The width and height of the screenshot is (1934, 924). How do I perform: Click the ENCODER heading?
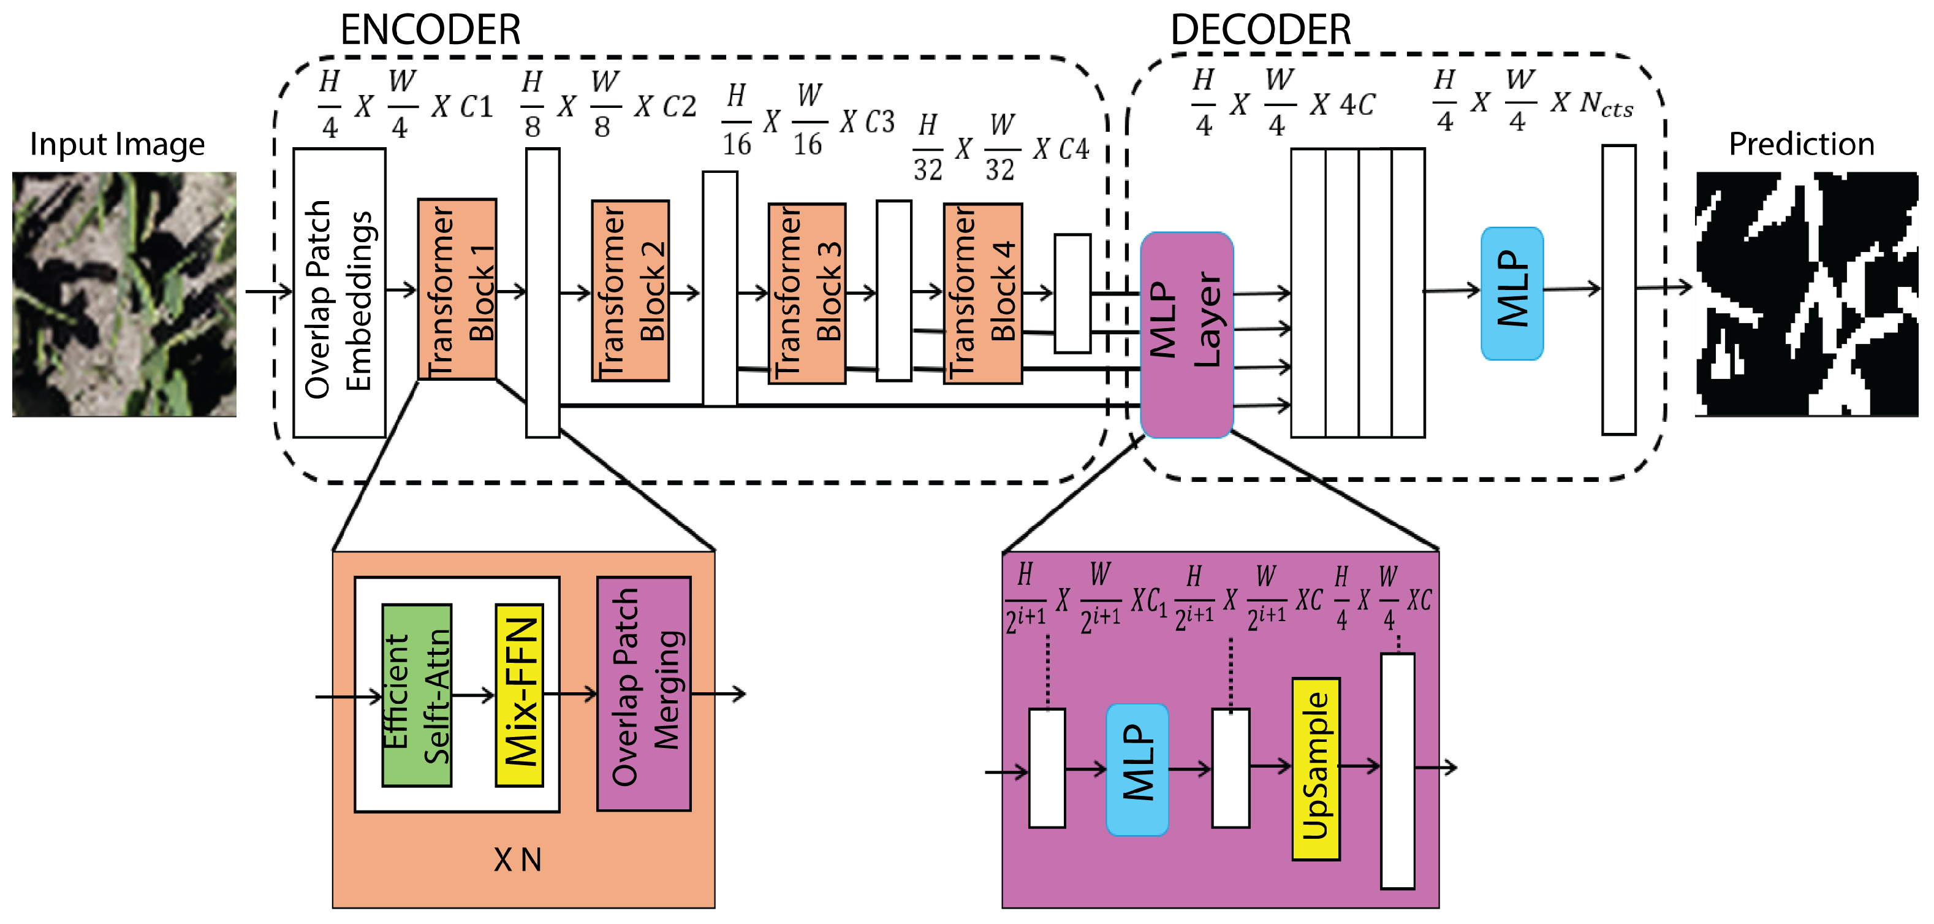(x=430, y=30)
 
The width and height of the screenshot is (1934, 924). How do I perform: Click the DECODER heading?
(x=1261, y=30)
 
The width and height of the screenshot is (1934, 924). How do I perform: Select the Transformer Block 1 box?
(x=457, y=289)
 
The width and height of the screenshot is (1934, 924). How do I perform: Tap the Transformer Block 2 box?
(x=630, y=291)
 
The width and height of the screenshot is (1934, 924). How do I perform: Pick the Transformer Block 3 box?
(x=807, y=294)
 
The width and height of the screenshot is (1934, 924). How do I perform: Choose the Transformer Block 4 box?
(x=983, y=294)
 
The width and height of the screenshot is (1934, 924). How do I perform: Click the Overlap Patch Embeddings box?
(x=339, y=293)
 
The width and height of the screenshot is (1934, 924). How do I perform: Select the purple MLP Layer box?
(x=1186, y=335)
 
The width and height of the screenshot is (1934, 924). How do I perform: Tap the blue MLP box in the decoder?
(x=1512, y=294)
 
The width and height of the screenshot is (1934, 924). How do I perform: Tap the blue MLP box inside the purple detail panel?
(x=1137, y=770)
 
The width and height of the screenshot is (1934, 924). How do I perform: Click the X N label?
(x=517, y=860)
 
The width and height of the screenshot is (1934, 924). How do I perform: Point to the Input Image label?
(x=117, y=144)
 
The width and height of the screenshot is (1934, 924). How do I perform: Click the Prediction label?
(x=1801, y=143)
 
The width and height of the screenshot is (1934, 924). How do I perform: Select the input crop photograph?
(x=124, y=294)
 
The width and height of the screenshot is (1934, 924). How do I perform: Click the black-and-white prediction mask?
(x=1807, y=294)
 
